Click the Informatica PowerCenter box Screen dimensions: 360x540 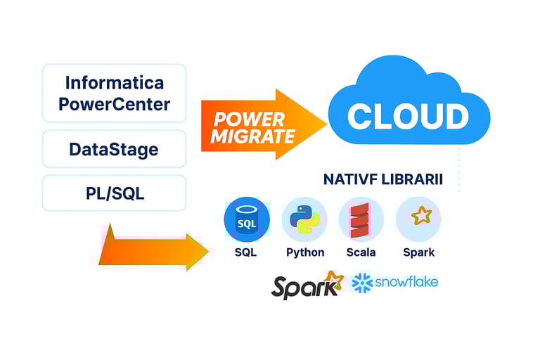coord(114,94)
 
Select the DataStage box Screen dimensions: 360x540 coord(114,149)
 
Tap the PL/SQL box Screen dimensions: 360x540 coord(114,193)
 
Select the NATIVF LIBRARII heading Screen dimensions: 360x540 coord(383,179)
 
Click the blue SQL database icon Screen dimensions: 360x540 coord(246,220)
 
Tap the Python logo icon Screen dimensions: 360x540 coord(304,219)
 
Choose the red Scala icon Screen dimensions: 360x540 coord(361,219)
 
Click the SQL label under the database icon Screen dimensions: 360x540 coord(246,252)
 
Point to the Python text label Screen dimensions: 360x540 coord(305,252)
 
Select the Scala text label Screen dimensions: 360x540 coord(361,252)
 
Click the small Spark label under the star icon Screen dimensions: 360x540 coord(419,252)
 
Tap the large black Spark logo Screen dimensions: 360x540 coord(307,285)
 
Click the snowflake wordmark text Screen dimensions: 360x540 coord(406,282)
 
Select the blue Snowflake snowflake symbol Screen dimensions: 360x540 coord(362,283)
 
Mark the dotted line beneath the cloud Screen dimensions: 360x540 coord(459,169)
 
